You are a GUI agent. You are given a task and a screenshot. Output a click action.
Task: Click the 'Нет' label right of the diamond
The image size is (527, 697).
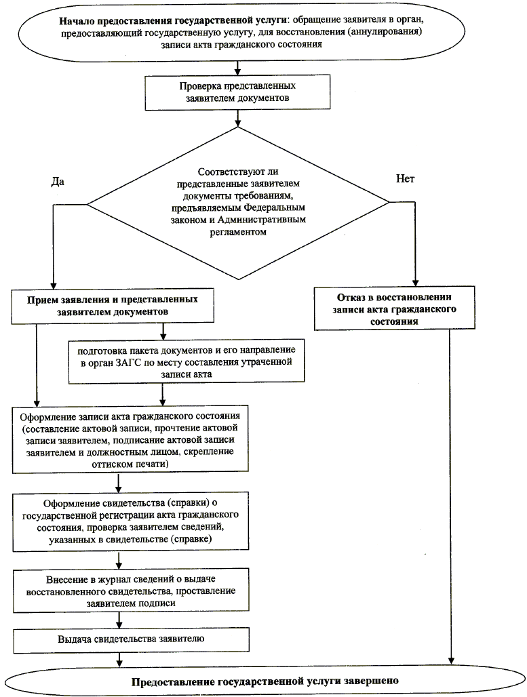click(405, 179)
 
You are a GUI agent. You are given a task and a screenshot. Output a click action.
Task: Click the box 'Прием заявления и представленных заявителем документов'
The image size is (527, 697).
click(117, 306)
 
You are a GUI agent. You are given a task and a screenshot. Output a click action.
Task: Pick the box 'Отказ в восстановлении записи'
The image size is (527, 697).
click(394, 309)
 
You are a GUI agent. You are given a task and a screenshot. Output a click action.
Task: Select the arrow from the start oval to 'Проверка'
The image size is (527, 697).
click(237, 67)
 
